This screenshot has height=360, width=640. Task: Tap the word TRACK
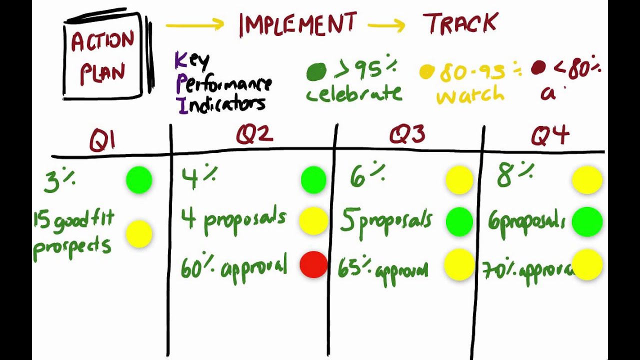(x=460, y=24)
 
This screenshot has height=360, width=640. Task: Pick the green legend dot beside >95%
(x=316, y=71)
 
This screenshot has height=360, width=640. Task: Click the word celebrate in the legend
(x=354, y=93)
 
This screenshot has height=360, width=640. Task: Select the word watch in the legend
(x=470, y=95)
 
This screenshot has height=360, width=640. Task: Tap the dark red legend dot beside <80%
(x=538, y=68)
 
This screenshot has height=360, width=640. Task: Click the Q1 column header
(x=102, y=140)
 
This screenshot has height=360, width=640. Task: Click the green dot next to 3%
(x=139, y=180)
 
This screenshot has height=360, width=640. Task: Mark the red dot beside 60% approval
(x=313, y=264)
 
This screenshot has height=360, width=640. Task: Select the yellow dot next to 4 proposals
(x=313, y=220)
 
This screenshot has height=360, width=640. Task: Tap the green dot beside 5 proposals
(x=458, y=221)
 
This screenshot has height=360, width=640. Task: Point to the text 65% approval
(x=383, y=269)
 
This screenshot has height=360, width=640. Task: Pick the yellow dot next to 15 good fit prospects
(x=138, y=234)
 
